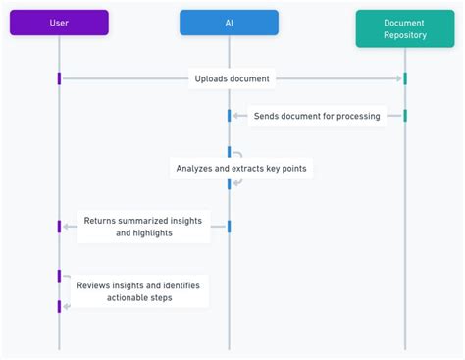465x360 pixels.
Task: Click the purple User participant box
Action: [x=59, y=23]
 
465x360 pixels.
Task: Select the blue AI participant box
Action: [x=229, y=23]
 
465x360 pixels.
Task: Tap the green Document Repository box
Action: [x=404, y=28]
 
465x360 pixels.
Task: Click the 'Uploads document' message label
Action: [x=232, y=78]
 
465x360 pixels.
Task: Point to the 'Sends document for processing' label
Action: [x=317, y=116]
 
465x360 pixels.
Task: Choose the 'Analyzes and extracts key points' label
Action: [x=240, y=168]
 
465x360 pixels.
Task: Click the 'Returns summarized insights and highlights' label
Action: [x=142, y=227]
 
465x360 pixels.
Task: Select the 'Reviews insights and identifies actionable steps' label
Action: [x=138, y=291]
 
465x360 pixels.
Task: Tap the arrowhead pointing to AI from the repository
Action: [x=236, y=116]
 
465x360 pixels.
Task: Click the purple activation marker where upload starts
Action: [x=59, y=78]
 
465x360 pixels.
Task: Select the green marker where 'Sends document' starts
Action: [x=404, y=116]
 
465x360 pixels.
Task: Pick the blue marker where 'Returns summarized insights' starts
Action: [x=229, y=227]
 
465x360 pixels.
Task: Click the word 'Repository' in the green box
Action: [x=404, y=36]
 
